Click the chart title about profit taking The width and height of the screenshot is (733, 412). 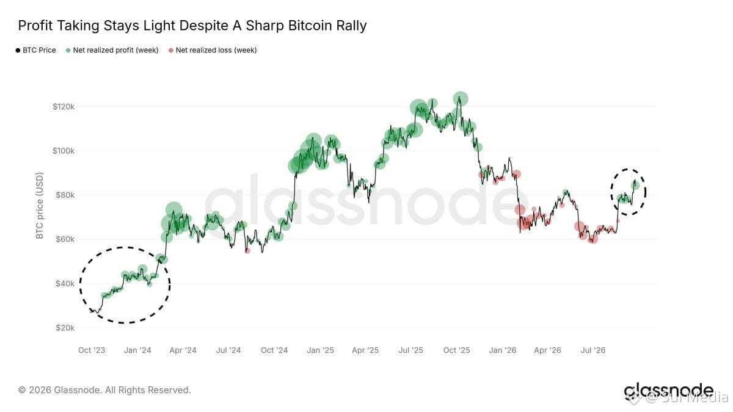(192, 26)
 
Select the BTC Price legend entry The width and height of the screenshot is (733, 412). (35, 50)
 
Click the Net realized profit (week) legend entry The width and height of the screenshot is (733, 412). (112, 50)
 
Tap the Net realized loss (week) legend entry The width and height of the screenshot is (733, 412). (213, 50)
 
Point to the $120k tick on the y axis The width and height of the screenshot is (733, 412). (64, 107)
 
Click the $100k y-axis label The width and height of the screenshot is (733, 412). (64, 151)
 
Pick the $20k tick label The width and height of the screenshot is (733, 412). (65, 328)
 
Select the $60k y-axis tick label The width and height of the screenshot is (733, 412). (65, 239)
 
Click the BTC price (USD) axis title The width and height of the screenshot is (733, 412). (39, 206)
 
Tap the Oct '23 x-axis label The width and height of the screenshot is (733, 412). (92, 350)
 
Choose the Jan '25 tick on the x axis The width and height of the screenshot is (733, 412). (320, 350)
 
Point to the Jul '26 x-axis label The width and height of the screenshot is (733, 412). (593, 350)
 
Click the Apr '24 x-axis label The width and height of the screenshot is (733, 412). (183, 350)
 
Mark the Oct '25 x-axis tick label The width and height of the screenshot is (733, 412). (456, 350)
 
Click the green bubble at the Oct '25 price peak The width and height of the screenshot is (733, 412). (461, 99)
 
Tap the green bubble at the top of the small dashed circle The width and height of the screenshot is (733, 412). (635, 186)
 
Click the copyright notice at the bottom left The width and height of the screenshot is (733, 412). (104, 390)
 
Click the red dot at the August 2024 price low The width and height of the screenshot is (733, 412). (247, 251)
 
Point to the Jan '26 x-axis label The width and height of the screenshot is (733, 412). (502, 350)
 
